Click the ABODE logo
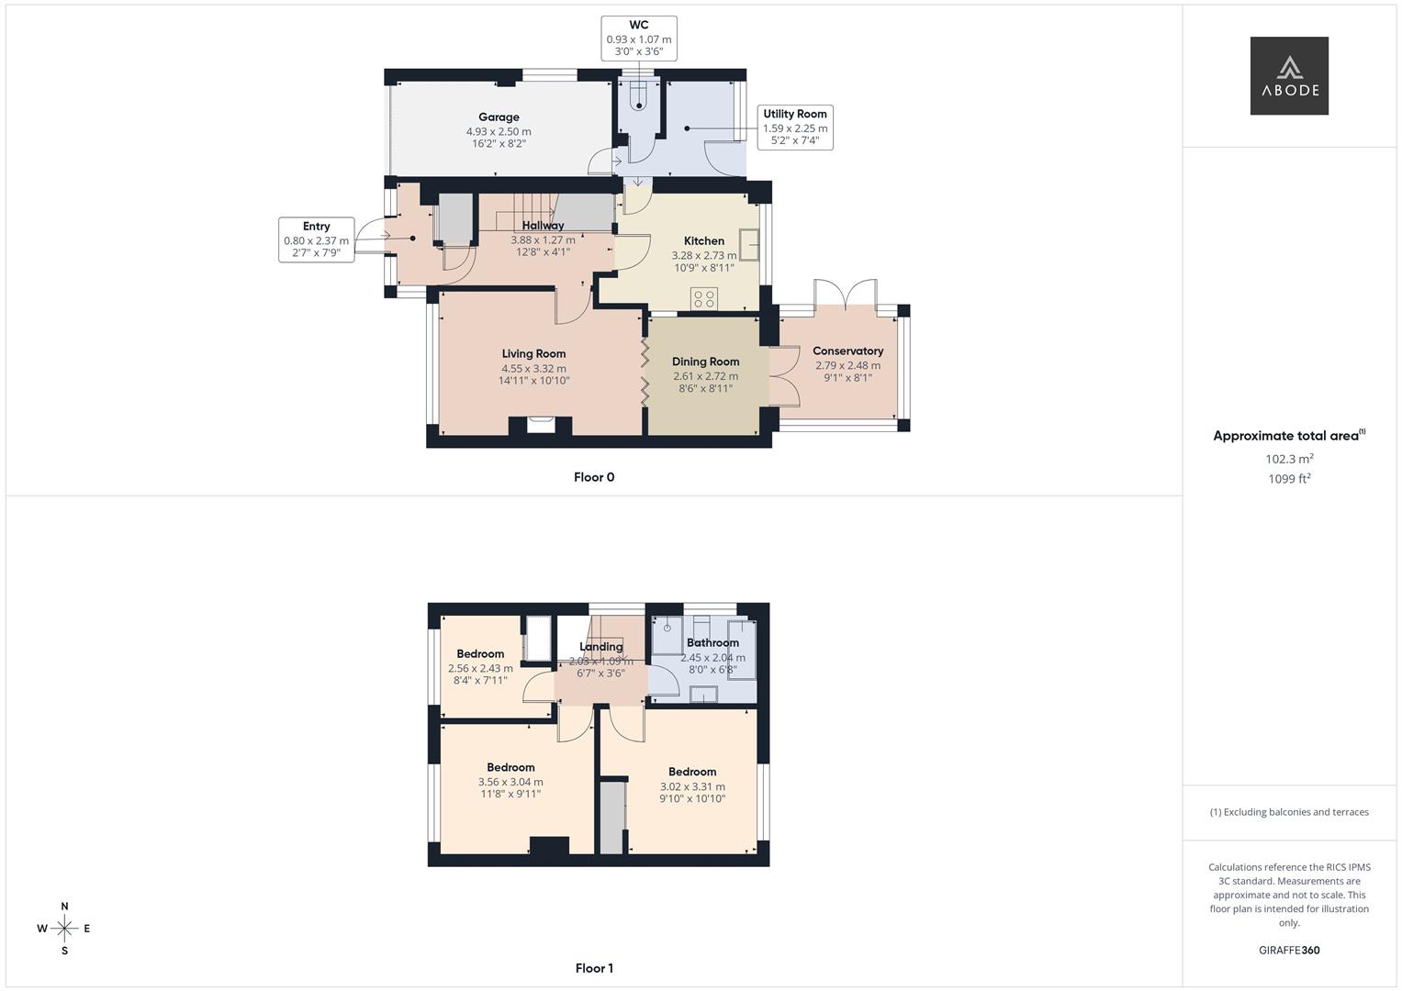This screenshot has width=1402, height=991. (x=1289, y=75)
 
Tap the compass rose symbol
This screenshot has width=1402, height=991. (x=64, y=929)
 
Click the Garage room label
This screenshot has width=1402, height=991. (x=499, y=117)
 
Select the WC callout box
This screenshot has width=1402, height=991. (x=639, y=39)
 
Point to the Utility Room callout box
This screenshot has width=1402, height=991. (x=795, y=128)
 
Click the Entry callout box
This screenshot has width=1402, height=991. (x=316, y=240)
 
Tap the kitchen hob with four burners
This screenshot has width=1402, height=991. (x=705, y=298)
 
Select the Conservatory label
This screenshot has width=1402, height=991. (x=847, y=351)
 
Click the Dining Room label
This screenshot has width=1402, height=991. (x=705, y=362)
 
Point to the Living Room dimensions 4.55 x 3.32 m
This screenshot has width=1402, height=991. (x=533, y=369)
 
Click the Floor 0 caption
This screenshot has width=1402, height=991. (x=594, y=477)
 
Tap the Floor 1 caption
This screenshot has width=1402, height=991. (x=594, y=968)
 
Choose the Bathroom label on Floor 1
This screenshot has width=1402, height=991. (x=712, y=643)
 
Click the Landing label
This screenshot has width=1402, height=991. (x=600, y=647)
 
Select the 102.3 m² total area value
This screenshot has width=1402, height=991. (x=1289, y=459)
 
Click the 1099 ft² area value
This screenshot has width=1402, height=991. (x=1289, y=479)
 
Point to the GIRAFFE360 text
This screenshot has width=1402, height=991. (x=1289, y=951)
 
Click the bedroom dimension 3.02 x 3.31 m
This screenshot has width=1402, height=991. (x=692, y=786)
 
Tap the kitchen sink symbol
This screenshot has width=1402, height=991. (x=749, y=245)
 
